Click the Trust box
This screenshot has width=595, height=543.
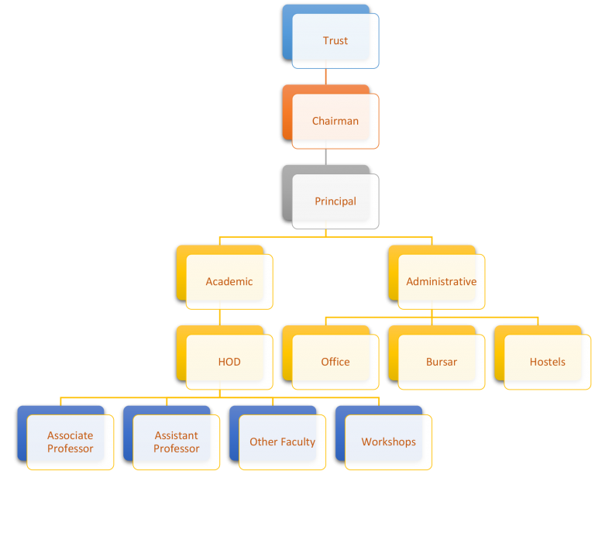point(335,41)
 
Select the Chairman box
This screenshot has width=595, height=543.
point(335,122)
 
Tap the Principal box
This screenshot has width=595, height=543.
point(335,201)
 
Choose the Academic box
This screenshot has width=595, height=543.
point(229,282)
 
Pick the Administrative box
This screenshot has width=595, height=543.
point(442,282)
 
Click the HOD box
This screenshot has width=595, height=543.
point(229,362)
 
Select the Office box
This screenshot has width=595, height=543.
point(335,362)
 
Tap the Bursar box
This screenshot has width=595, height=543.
point(442,362)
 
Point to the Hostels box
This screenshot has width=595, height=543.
point(548,362)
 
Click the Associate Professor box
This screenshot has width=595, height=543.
point(71,442)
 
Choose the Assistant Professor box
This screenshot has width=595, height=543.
point(177,442)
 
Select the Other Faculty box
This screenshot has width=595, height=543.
point(283,442)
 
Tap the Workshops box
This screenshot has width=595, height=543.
point(389,442)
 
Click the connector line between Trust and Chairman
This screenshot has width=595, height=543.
point(325,77)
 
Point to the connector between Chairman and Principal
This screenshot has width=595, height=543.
point(325,156)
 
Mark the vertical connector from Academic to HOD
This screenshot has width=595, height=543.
point(219,317)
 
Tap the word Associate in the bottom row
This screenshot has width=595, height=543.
point(70,435)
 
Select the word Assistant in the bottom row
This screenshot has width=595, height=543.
point(176,435)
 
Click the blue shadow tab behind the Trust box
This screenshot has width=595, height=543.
point(288,31)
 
